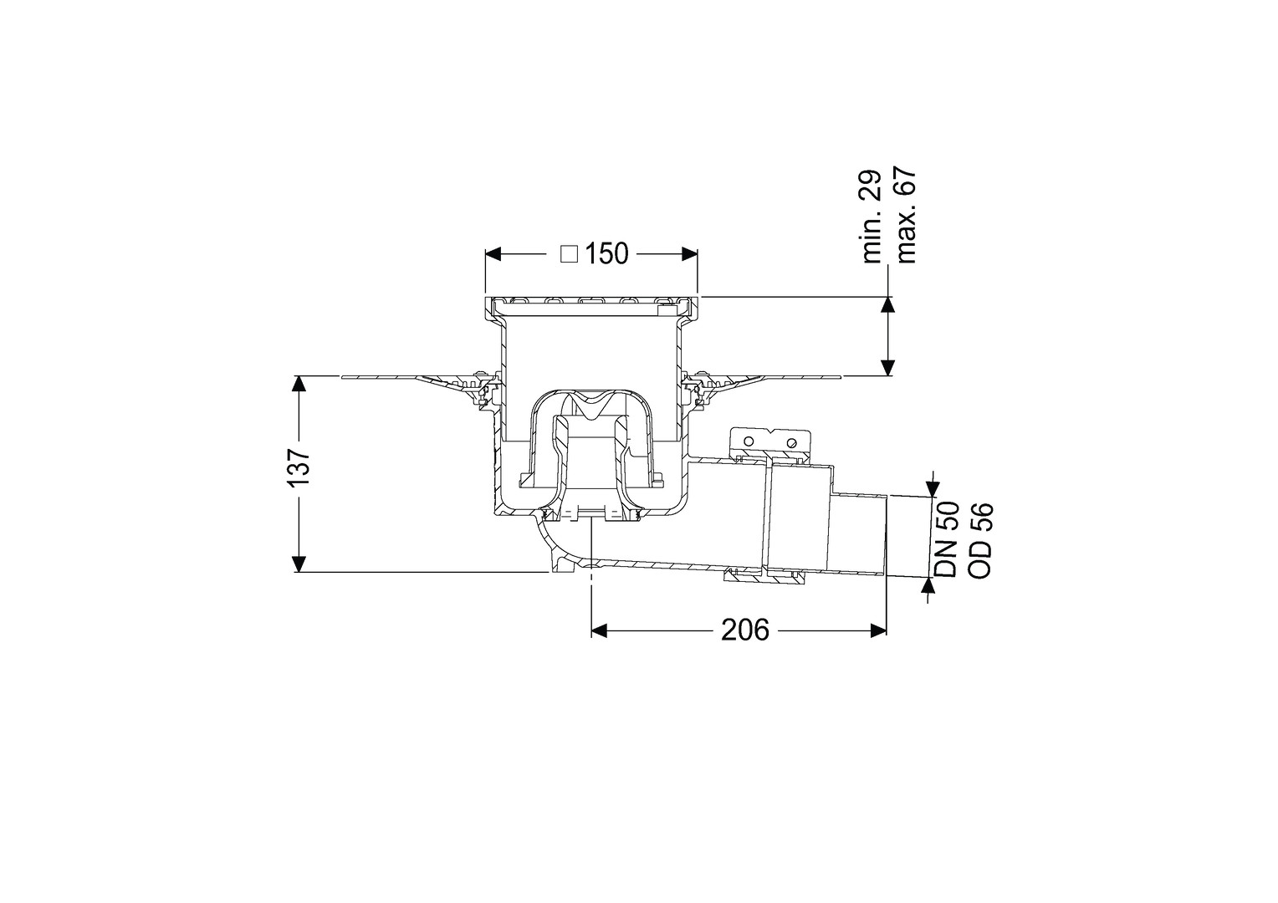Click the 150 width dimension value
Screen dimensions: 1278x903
click(x=606, y=254)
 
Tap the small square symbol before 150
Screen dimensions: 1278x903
click(x=569, y=254)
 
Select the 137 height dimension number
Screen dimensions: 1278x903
click(x=299, y=467)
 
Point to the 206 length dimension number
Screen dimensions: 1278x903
click(x=745, y=630)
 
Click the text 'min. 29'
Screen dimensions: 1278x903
click(x=872, y=217)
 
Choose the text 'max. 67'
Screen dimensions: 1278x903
click(x=906, y=215)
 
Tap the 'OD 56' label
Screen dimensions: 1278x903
click(x=981, y=539)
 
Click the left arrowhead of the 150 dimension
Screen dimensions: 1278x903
click(x=493, y=254)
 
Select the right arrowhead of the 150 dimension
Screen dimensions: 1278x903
click(x=689, y=254)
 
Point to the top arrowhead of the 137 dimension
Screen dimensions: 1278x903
click(x=298, y=384)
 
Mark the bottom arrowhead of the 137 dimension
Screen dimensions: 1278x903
click(x=298, y=564)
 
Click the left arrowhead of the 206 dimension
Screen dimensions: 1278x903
click(x=600, y=630)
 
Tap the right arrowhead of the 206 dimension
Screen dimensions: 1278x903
click(x=877, y=630)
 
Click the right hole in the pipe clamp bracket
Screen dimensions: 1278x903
click(x=791, y=442)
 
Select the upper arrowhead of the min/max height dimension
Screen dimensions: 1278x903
click(x=887, y=305)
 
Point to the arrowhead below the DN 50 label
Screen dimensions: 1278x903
click(x=931, y=586)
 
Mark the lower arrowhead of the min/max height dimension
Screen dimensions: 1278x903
click(x=887, y=367)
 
